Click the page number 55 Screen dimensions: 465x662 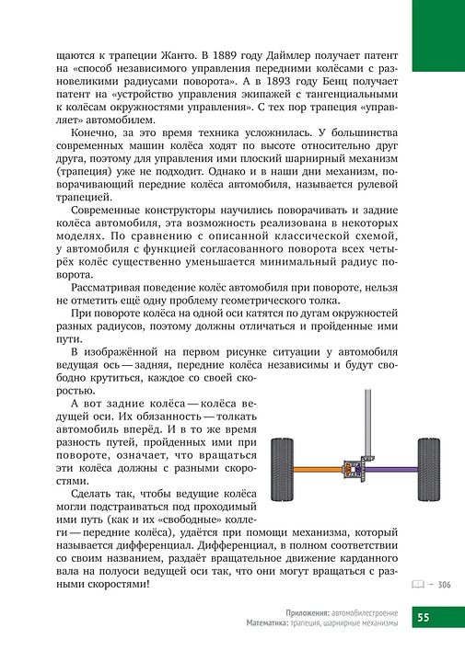(x=424, y=617)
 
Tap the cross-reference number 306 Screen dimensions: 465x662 (x=444, y=584)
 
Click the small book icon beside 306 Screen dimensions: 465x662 (x=418, y=584)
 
